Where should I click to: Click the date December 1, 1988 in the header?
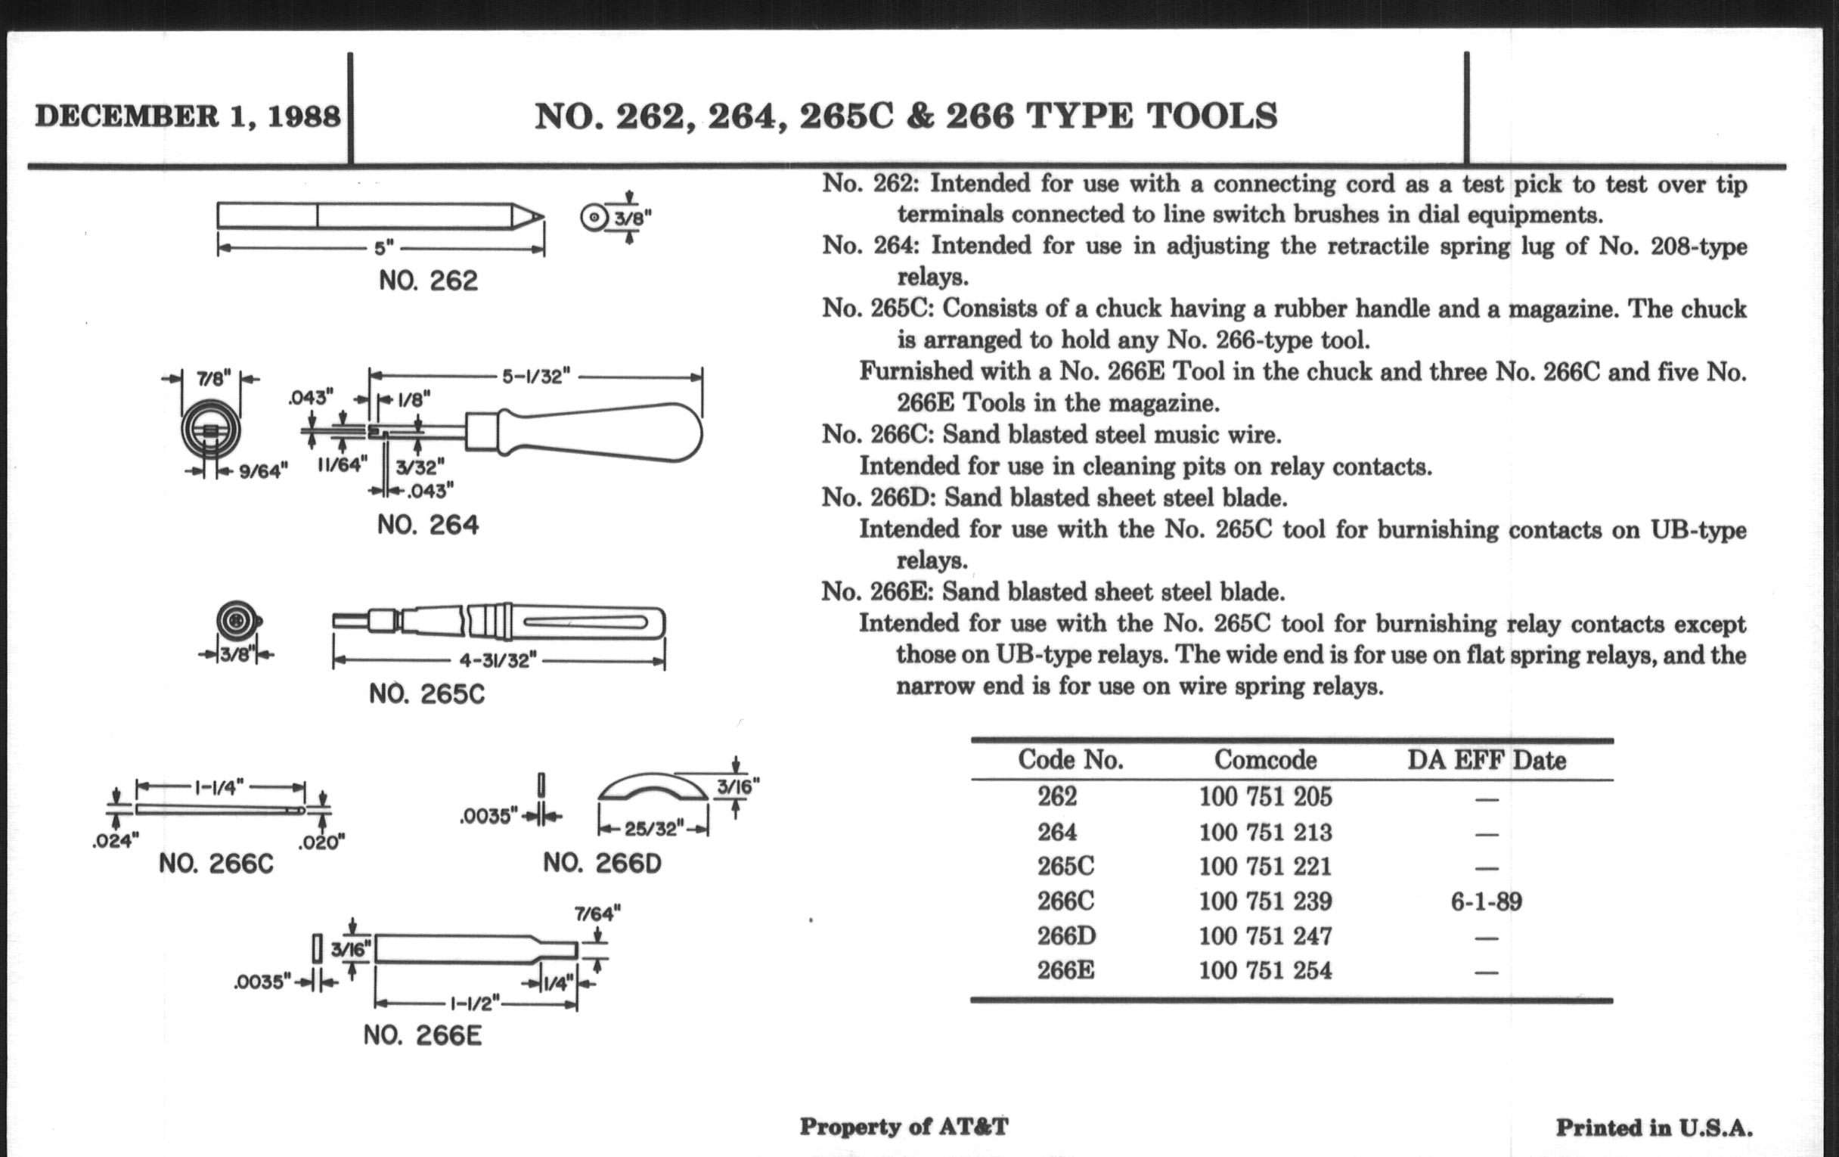click(x=188, y=117)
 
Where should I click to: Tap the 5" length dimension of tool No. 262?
click(x=383, y=247)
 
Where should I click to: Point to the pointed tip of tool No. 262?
click(x=539, y=216)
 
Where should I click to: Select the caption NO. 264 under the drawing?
click(x=428, y=526)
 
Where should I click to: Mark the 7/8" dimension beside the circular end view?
click(x=211, y=379)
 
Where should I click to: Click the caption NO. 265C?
click(x=426, y=694)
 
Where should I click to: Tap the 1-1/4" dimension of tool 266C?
click(x=219, y=786)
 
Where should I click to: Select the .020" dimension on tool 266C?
click(x=321, y=843)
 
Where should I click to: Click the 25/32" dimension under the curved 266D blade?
click(x=653, y=829)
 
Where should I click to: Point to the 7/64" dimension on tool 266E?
click(x=597, y=913)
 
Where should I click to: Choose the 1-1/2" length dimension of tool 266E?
click(x=475, y=1002)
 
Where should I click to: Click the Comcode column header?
click(x=1265, y=760)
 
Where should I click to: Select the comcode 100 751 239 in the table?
click(x=1265, y=901)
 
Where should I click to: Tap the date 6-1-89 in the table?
click(x=1485, y=902)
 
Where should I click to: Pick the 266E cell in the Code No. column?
click(x=1065, y=971)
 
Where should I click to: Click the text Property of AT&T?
click(x=904, y=1127)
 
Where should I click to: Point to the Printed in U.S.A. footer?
click(x=1654, y=1128)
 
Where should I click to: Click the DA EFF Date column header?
click(x=1486, y=761)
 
